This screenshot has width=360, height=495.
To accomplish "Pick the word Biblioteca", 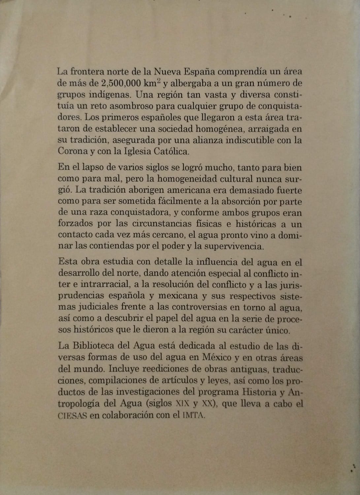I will tap(93, 346).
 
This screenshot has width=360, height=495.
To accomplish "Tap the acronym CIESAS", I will tap(72, 415).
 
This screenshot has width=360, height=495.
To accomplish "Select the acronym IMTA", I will tap(194, 415).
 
